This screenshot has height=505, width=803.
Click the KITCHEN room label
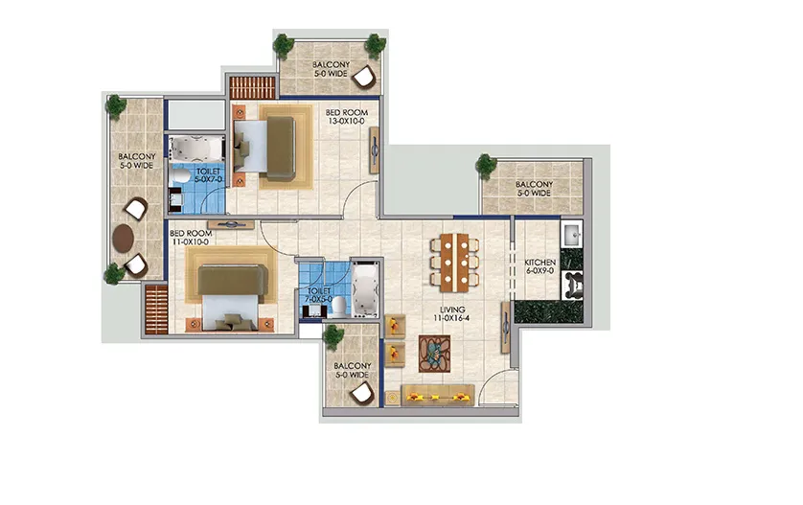tap(539, 263)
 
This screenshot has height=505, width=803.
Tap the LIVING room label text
tap(452, 310)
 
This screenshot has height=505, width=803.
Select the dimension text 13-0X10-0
tap(347, 122)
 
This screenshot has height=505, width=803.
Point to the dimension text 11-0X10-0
tap(190, 241)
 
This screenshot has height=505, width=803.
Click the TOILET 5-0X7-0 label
tap(208, 175)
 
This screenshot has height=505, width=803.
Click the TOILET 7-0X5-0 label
tap(319, 295)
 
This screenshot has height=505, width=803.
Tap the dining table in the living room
tap(455, 263)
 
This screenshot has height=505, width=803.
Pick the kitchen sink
tap(572, 235)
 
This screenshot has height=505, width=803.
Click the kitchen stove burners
tap(572, 286)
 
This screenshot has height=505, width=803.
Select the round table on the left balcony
tap(124, 239)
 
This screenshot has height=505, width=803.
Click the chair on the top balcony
tap(366, 78)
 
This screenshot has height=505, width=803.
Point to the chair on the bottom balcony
tap(361, 394)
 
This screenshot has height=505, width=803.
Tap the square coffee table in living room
tap(434, 354)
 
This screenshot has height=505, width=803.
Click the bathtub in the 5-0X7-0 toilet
tap(197, 148)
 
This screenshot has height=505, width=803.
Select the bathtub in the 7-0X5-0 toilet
tap(366, 289)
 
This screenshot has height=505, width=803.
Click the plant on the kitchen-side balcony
tap(485, 166)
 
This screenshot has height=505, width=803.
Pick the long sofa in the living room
tap(438, 395)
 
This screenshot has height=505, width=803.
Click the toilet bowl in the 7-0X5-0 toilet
tap(339, 307)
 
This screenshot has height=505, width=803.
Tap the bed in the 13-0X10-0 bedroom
tap(264, 147)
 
